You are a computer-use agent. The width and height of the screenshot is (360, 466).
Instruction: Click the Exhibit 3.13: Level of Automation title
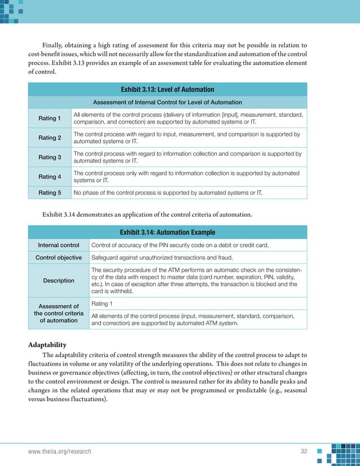(x=168, y=89)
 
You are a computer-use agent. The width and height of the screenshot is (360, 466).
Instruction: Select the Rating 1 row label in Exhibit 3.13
(x=50, y=118)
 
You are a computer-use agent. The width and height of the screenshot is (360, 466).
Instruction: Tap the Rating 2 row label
(x=50, y=138)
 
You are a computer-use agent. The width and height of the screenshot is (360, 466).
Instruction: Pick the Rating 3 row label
(x=50, y=157)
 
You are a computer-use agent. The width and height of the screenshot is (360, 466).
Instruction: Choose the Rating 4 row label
(x=50, y=177)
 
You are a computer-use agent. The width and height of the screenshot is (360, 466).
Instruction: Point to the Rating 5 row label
(x=50, y=193)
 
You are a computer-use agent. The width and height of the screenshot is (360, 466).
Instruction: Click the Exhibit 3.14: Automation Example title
(x=168, y=232)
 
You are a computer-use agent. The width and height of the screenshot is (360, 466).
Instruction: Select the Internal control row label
(x=59, y=245)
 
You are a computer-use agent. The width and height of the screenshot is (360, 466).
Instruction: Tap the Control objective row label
(x=59, y=258)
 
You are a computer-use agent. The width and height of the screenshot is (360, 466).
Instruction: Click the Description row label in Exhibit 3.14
(x=59, y=280)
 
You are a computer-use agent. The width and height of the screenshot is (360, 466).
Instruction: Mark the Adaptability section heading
(x=47, y=345)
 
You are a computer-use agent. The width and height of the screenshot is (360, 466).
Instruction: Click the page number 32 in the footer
(x=305, y=452)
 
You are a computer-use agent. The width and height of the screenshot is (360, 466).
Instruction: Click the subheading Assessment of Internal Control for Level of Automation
(x=168, y=102)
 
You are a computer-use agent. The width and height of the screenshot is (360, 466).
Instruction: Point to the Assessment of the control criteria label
(x=59, y=313)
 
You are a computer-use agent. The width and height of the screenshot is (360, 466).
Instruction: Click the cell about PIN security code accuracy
(x=179, y=245)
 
